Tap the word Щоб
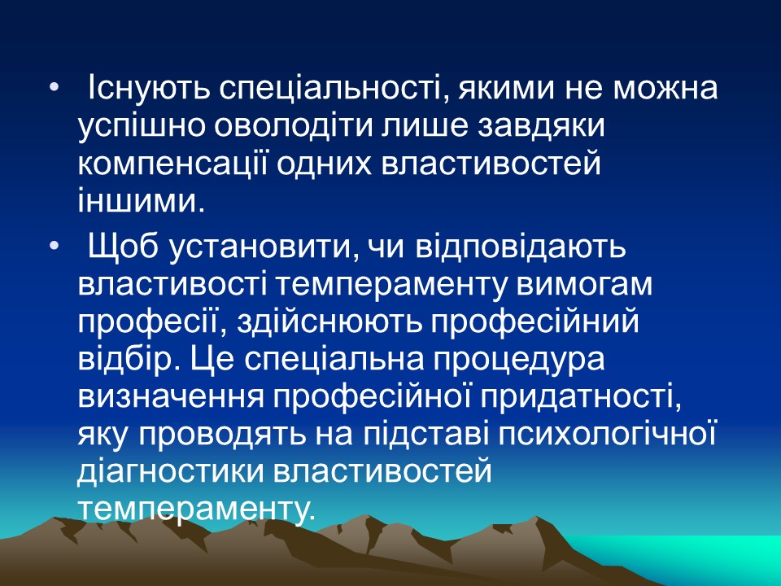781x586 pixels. point(122,245)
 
